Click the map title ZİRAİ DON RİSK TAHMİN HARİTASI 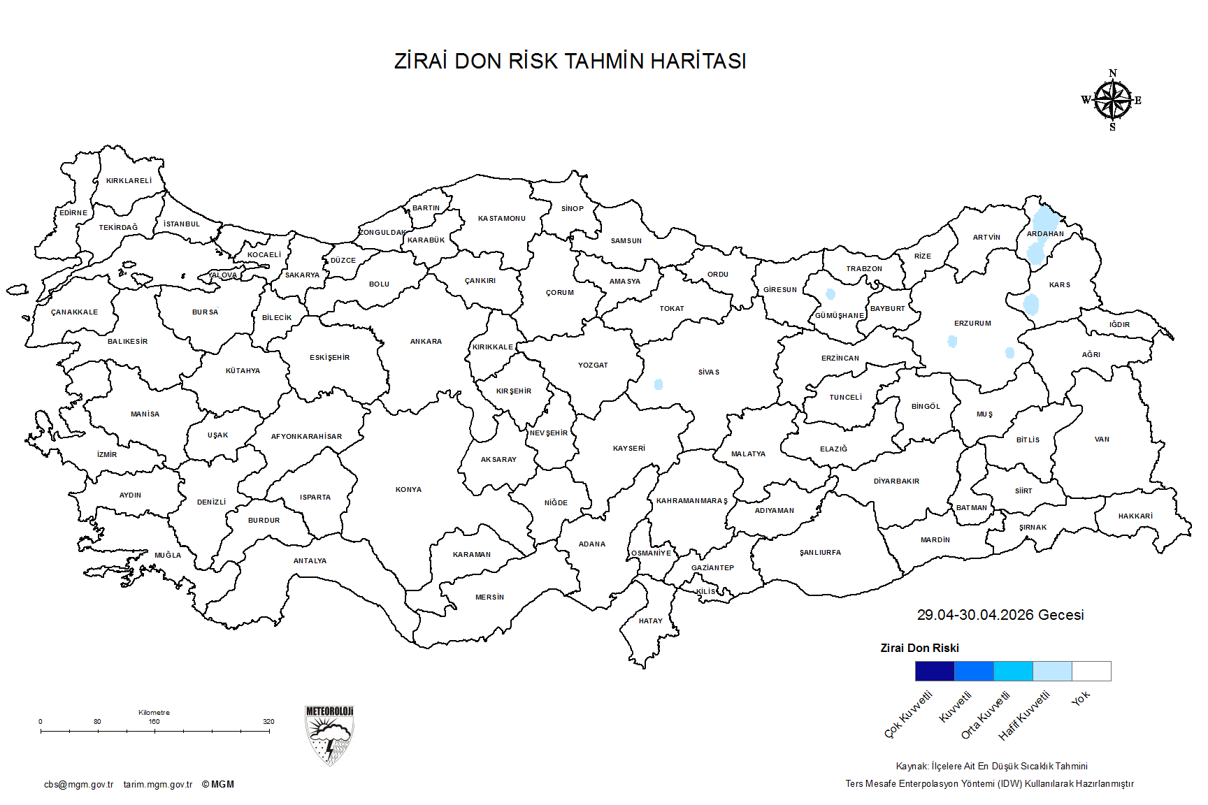pos(570,61)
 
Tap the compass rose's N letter pos(1113,73)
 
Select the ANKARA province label pos(426,342)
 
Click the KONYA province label pos(408,490)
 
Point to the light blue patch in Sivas pos(658,384)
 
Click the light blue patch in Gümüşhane pos(830,294)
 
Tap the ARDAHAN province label pos(1045,234)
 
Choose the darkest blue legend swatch pos(935,671)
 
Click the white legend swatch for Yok pos(1091,671)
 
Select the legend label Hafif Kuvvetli pos(1024,716)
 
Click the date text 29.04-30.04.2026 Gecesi pos(1000,615)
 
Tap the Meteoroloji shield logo pos(329,735)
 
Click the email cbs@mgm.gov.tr pos(78,785)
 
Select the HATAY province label pos(650,621)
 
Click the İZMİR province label pos(107,455)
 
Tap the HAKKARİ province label pos(1135,516)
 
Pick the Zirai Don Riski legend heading pos(919,648)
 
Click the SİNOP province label pos(572,209)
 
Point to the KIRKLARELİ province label pos(129,181)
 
